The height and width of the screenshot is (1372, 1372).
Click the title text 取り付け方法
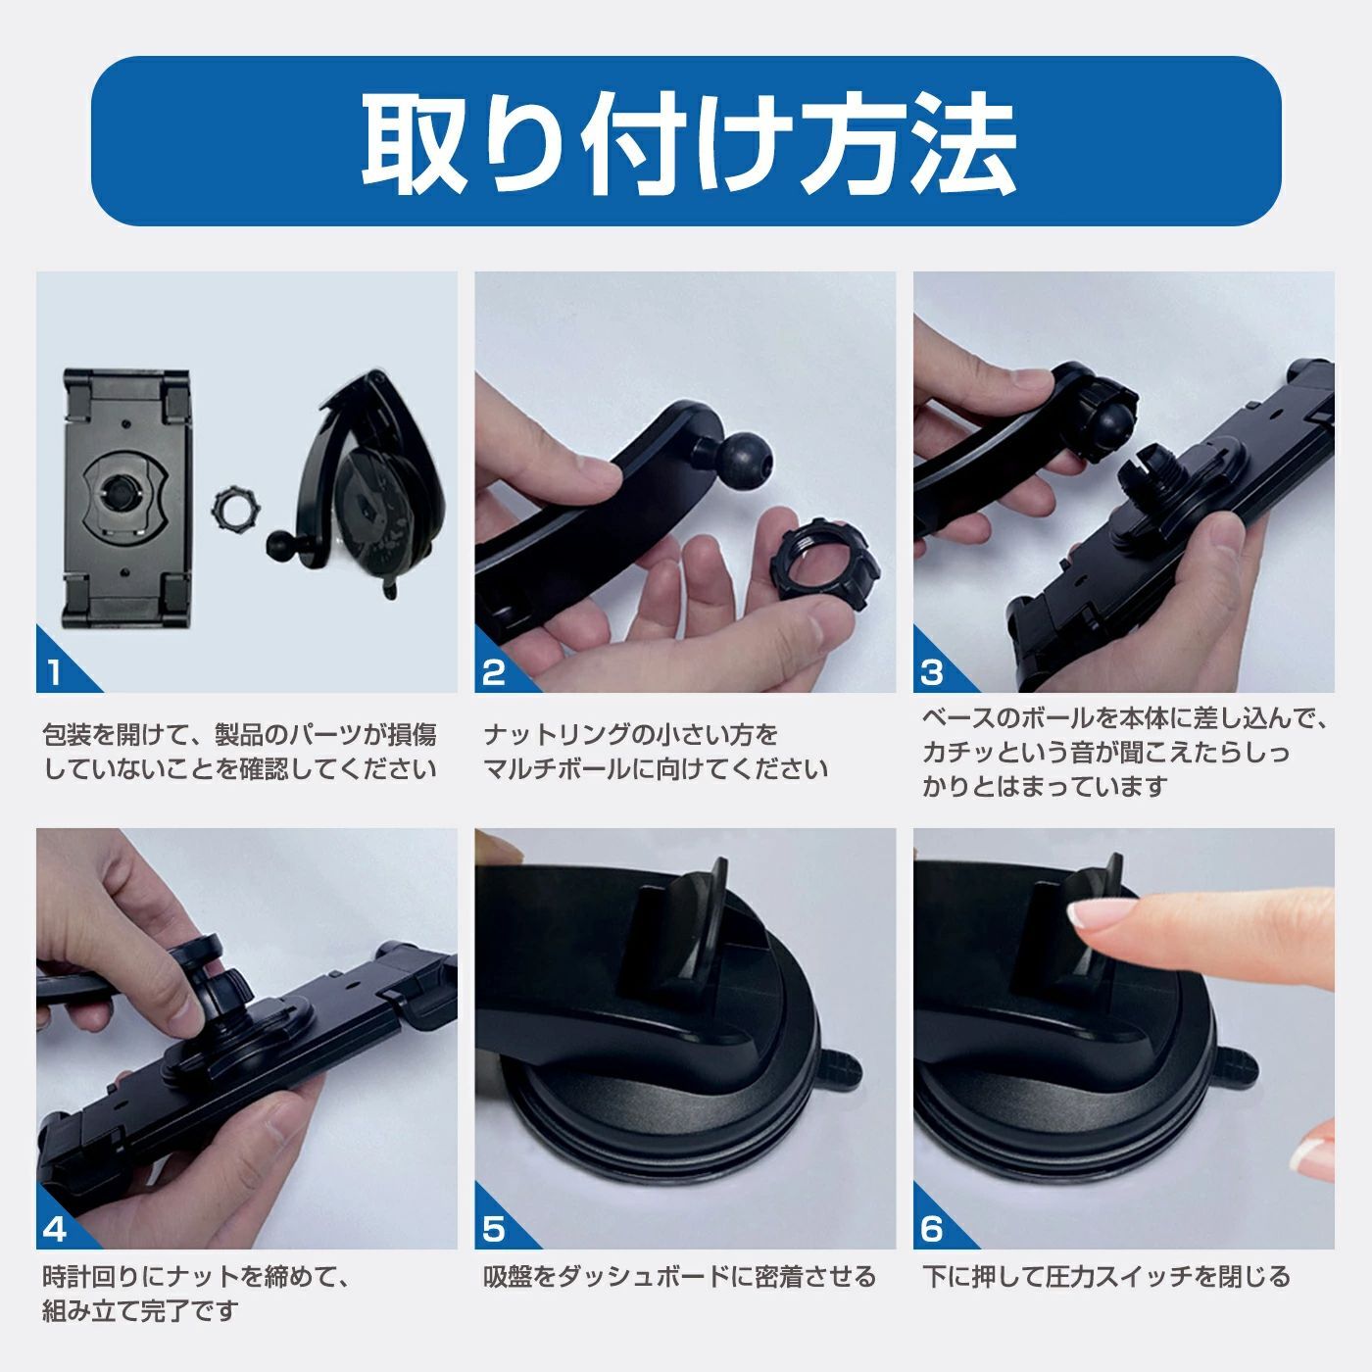coord(688,143)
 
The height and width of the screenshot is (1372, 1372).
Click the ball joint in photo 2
coord(743,465)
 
